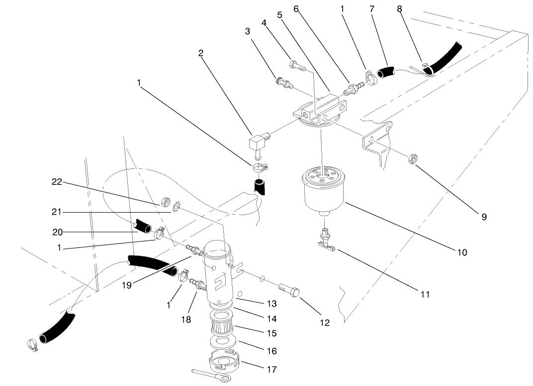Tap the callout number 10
(462, 252)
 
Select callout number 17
(272, 369)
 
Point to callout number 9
(484, 217)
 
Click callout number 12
(324, 322)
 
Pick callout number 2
(200, 54)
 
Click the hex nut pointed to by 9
(412, 159)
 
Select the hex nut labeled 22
(163, 203)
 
